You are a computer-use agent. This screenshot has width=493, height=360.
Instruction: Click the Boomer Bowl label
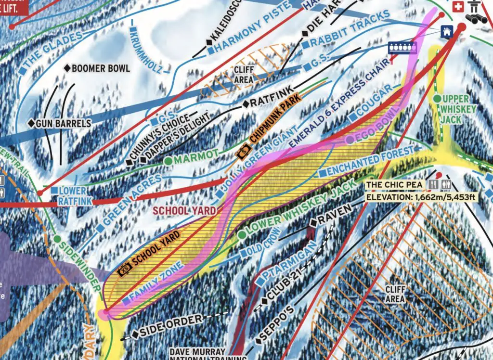point(100,68)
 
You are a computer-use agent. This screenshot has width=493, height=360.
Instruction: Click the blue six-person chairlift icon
point(402,48)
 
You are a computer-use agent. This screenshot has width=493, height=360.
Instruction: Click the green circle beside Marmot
point(168,161)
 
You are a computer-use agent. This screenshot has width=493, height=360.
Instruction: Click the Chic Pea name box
point(394,185)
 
